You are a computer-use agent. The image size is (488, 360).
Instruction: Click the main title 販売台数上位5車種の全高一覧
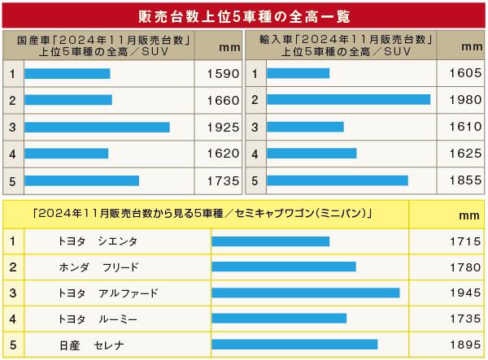[243, 16]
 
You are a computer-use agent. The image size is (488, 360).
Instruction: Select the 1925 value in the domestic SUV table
[217, 128]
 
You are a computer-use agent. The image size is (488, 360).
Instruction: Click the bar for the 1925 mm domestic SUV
[97, 127]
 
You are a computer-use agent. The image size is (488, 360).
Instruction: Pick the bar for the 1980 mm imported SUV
[348, 99]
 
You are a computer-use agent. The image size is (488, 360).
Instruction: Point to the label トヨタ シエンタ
[98, 241]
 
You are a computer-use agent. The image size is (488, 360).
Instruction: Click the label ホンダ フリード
[99, 267]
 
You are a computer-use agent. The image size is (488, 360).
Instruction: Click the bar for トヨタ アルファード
[306, 293]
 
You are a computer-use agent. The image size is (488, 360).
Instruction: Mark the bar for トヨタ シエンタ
[270, 241]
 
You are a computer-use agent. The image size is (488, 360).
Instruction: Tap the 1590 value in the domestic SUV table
[217, 74]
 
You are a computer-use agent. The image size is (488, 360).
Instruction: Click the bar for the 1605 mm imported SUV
[298, 74]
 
